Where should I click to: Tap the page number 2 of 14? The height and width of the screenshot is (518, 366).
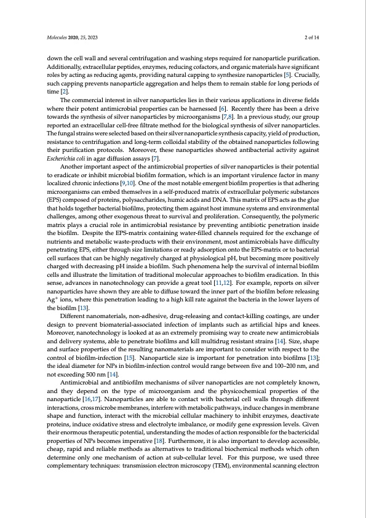(x=320, y=38)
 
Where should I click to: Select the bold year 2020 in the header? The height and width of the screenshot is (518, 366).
(x=76, y=38)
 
